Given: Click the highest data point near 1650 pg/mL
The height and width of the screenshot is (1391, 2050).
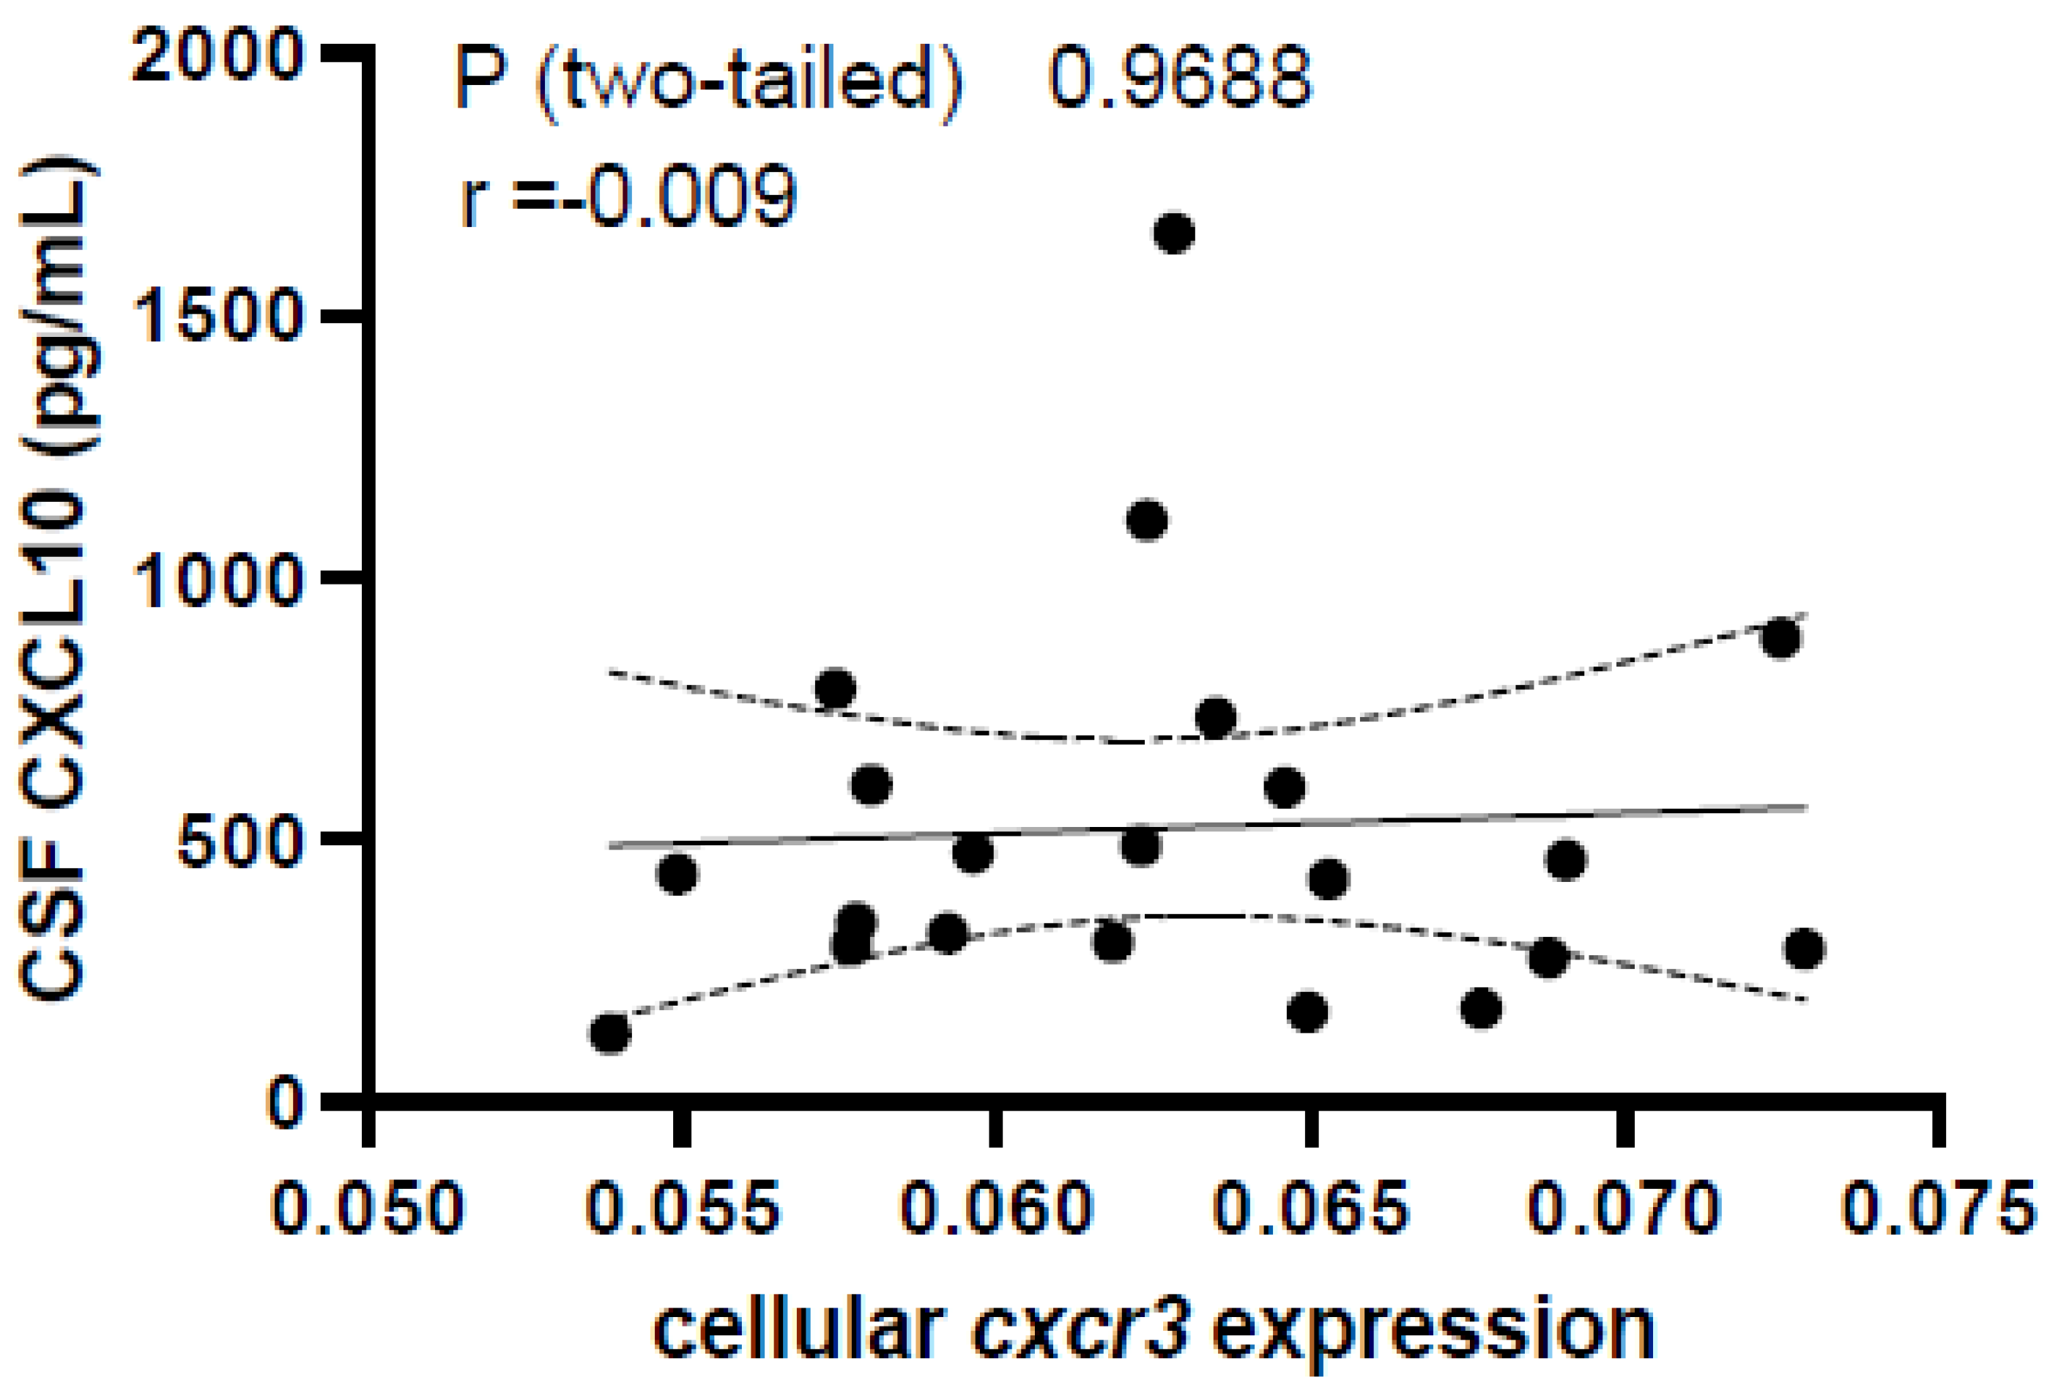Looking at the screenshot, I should point(1174,233).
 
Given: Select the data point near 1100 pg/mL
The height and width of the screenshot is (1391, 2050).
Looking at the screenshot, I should point(1147,519).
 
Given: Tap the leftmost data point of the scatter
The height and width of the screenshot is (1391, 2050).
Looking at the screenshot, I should point(609,1033).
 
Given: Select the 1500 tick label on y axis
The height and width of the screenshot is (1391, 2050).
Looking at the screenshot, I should point(217,319).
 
